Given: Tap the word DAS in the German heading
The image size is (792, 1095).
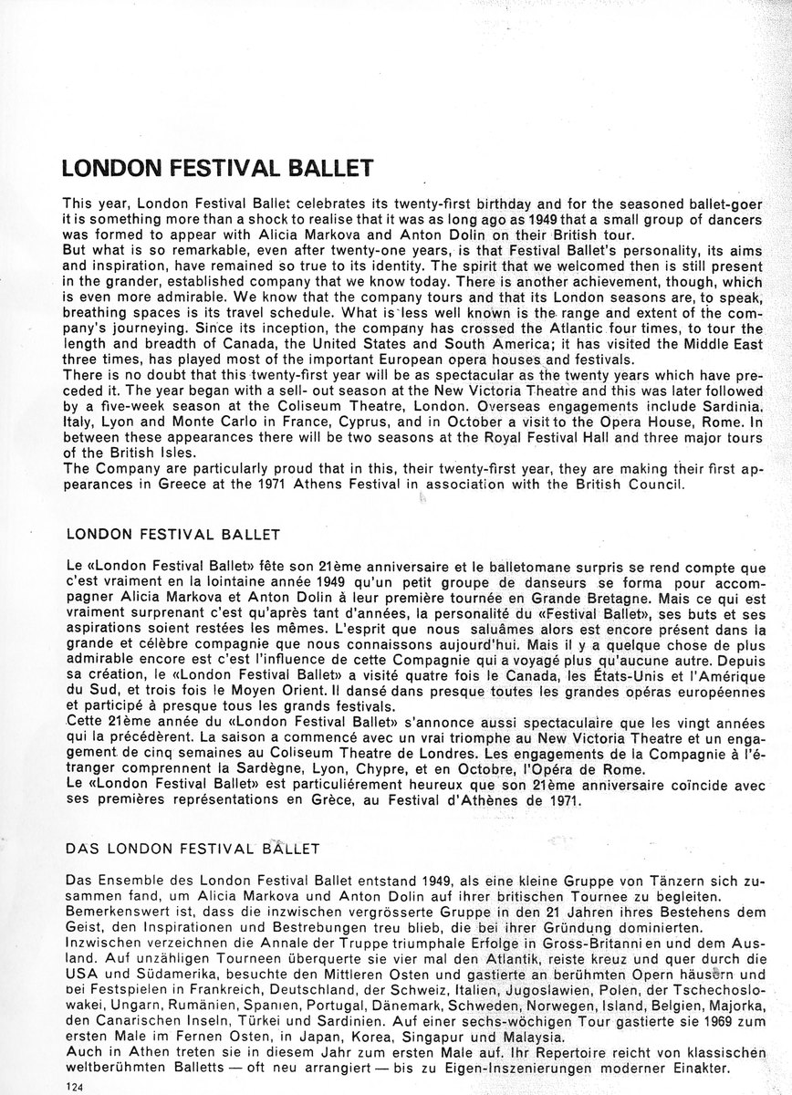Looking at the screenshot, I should click(x=83, y=848).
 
